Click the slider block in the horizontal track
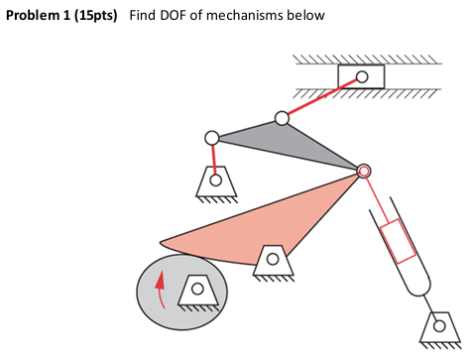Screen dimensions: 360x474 (x=361, y=76)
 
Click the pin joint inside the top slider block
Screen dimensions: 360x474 (x=362, y=76)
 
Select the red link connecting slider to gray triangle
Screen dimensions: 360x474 (x=319, y=97)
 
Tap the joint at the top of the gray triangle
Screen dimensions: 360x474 (x=282, y=118)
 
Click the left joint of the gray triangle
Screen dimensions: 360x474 (x=211, y=138)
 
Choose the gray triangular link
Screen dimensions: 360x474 (x=288, y=141)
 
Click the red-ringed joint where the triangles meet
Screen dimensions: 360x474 (x=364, y=172)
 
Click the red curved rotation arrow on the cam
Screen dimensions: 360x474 (x=160, y=290)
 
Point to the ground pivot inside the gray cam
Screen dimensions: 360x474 (x=197, y=289)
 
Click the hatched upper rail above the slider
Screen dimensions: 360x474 (x=367, y=59)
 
